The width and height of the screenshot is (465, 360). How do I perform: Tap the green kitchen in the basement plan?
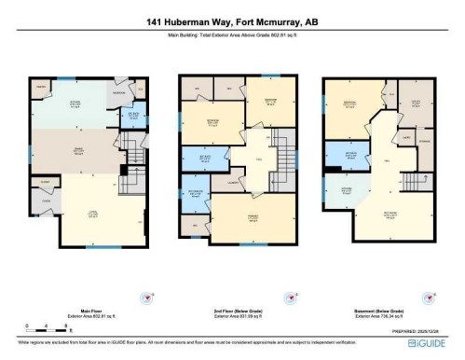348,197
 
